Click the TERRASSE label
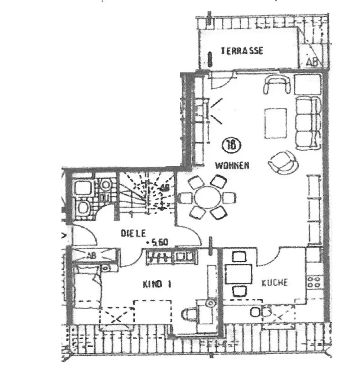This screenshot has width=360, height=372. [x=242, y=51]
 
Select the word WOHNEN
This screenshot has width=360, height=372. [x=232, y=166]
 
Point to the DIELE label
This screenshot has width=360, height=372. [x=133, y=233]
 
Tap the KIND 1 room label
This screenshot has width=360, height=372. [x=157, y=285]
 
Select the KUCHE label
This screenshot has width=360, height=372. [x=275, y=283]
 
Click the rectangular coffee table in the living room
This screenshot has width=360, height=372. [x=276, y=123]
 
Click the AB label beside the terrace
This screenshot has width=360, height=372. [x=312, y=62]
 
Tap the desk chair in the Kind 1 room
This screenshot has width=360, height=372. [x=190, y=315]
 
